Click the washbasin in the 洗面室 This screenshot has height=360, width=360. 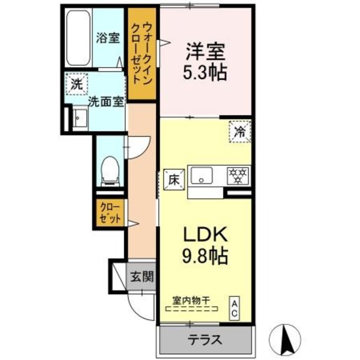(x=79, y=119)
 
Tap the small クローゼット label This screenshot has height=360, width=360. (x=110, y=214)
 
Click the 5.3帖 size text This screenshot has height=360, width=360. (x=206, y=73)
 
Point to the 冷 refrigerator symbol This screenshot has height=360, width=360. (x=240, y=132)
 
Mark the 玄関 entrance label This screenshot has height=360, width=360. (x=143, y=276)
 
